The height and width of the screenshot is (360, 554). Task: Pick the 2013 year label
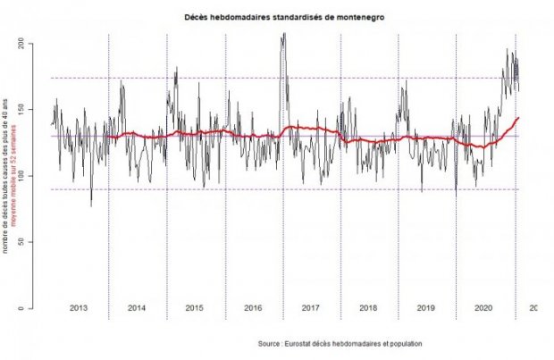(x=79, y=307)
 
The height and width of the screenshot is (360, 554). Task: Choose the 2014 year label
(x=137, y=307)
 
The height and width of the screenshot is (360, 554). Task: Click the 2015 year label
(x=195, y=307)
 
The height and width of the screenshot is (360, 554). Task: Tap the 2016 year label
(x=253, y=307)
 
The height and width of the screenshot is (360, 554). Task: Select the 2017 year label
(x=311, y=307)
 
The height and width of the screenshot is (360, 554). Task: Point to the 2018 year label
(x=368, y=307)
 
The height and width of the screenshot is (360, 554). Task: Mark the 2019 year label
(x=426, y=307)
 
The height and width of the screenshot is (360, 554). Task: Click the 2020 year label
(x=483, y=307)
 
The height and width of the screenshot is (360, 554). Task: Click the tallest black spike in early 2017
(x=284, y=35)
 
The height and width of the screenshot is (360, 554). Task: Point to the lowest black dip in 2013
(x=90, y=205)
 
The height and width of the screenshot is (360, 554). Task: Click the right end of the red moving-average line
(x=518, y=117)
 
